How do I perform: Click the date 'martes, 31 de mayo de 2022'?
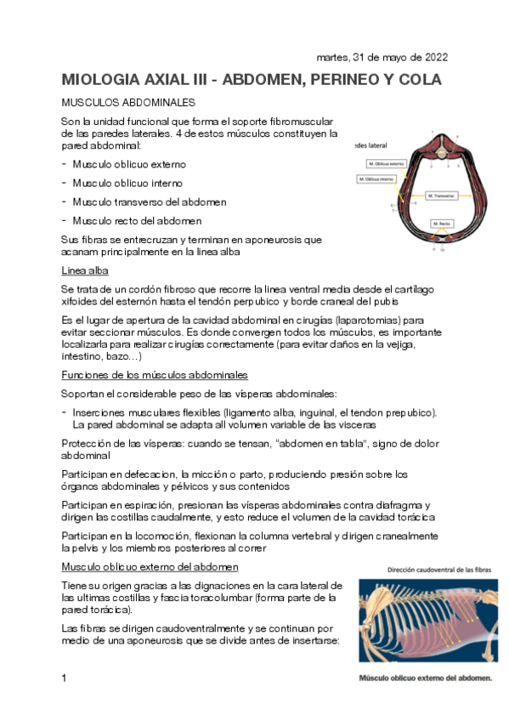[x=382, y=58]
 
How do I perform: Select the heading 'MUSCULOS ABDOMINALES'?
[x=119, y=102]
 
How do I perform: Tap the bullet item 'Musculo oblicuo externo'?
[x=129, y=164]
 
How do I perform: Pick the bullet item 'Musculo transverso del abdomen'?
[x=149, y=202]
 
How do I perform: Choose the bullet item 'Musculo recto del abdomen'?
[x=137, y=220]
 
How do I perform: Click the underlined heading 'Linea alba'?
[x=84, y=270]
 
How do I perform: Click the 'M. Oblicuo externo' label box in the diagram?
[x=387, y=163]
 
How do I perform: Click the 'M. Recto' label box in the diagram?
[x=441, y=224]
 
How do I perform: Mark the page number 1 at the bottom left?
[x=65, y=678]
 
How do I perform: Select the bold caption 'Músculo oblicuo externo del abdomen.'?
[x=425, y=678]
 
